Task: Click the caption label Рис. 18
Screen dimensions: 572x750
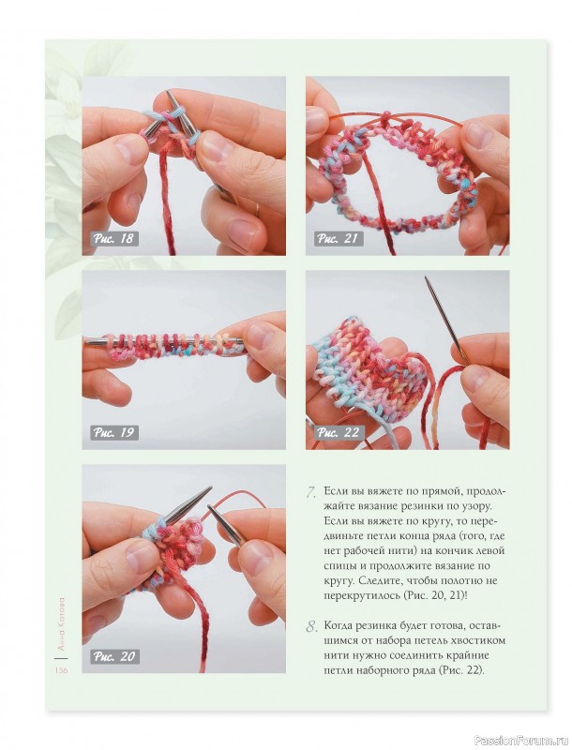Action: click(113, 239)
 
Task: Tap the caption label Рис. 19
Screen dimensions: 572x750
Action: click(113, 433)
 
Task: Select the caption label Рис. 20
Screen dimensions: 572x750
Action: click(114, 656)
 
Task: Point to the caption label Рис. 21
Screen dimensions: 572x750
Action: click(338, 239)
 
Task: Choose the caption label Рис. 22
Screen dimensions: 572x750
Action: click(339, 433)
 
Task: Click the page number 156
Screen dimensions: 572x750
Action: click(61, 670)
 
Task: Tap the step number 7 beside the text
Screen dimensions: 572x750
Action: click(311, 493)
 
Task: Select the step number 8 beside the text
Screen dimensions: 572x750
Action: click(311, 626)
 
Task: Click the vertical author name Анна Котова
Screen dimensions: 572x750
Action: click(61, 622)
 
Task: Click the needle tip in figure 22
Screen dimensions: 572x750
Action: click(426, 277)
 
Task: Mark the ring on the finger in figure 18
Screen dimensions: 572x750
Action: click(258, 208)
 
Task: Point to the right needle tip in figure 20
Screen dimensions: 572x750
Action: click(210, 507)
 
